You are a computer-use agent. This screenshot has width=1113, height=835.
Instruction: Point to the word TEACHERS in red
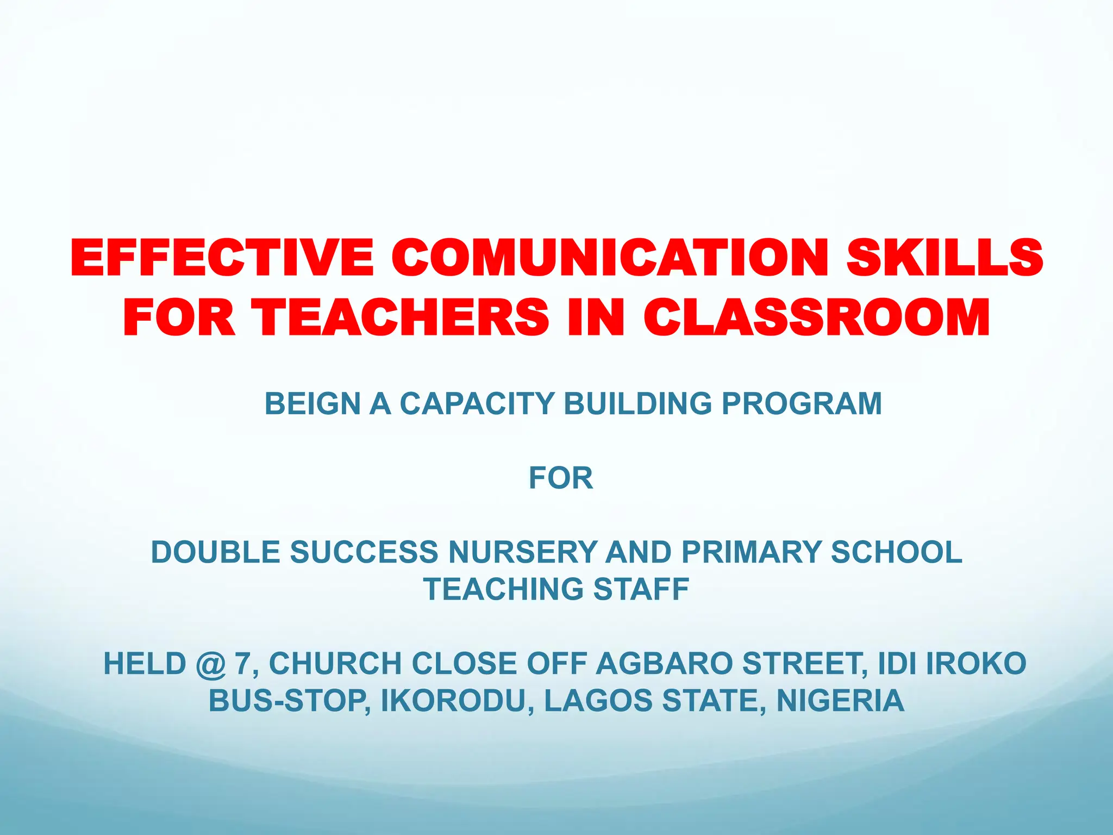(x=403, y=317)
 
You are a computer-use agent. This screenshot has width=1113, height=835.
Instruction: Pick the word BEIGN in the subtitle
(x=312, y=404)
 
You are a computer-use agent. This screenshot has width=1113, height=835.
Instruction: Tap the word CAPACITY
(x=477, y=404)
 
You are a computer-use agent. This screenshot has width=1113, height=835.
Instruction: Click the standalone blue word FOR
(x=561, y=478)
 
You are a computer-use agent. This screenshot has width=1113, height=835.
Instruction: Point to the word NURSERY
(x=522, y=552)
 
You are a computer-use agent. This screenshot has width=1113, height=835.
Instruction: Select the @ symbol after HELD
(x=210, y=664)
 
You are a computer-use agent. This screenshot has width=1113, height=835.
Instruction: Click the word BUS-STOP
(x=290, y=701)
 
